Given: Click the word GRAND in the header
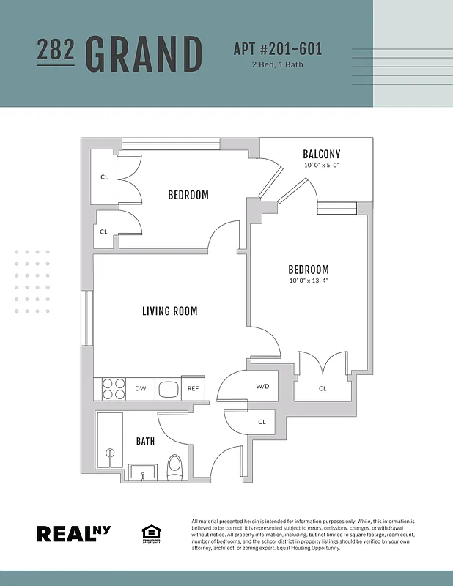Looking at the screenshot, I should tap(144, 54).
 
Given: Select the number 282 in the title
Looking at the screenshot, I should tap(55, 50).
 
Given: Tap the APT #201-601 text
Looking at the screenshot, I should tap(278, 50).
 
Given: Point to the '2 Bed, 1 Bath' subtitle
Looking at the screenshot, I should tap(277, 64).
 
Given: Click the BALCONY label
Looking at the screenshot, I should tap(321, 154).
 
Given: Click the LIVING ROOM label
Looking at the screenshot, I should tap(169, 311).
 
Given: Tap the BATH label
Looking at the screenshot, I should tap(145, 441).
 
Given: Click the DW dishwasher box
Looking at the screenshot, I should tap(140, 389).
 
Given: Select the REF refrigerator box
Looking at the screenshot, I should tap(194, 389).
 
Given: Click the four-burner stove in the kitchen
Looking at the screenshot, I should tap(113, 389).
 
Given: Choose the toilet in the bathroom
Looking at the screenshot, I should tap(174, 467).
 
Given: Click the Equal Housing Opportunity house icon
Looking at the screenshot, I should tap(150, 533).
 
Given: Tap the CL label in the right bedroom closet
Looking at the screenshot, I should tap(323, 388).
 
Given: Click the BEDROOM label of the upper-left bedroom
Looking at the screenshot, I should tap(188, 195).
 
